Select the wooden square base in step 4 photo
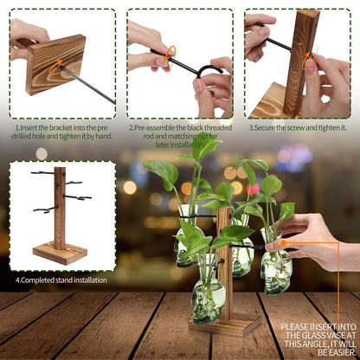click(60, 253)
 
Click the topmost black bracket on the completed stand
click(43, 173)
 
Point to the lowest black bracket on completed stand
click(46, 209)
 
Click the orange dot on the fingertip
click(284, 243)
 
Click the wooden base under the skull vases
click(225, 325)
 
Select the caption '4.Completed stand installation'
click(61, 280)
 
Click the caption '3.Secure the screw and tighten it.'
click(298, 128)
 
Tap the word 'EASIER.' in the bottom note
click(337, 352)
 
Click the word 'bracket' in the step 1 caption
click(59, 128)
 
